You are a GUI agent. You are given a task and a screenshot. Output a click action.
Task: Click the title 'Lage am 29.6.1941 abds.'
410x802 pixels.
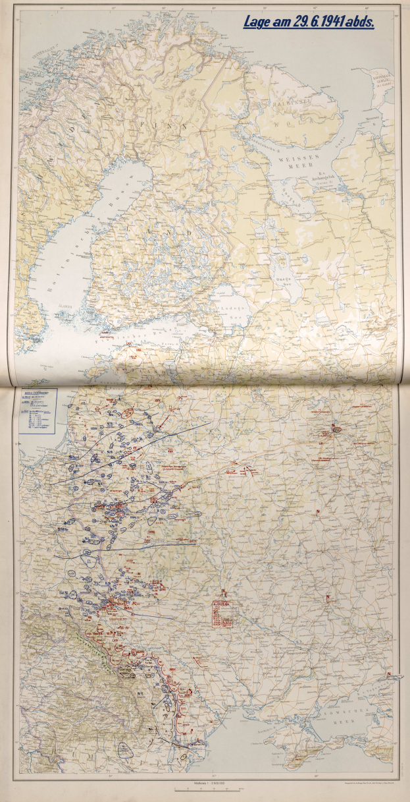pos(309,22)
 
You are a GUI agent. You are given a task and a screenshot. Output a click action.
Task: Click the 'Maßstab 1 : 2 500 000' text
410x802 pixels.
pos(205,782)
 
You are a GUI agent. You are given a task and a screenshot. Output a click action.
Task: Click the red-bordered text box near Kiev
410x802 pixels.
pos(222,612)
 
